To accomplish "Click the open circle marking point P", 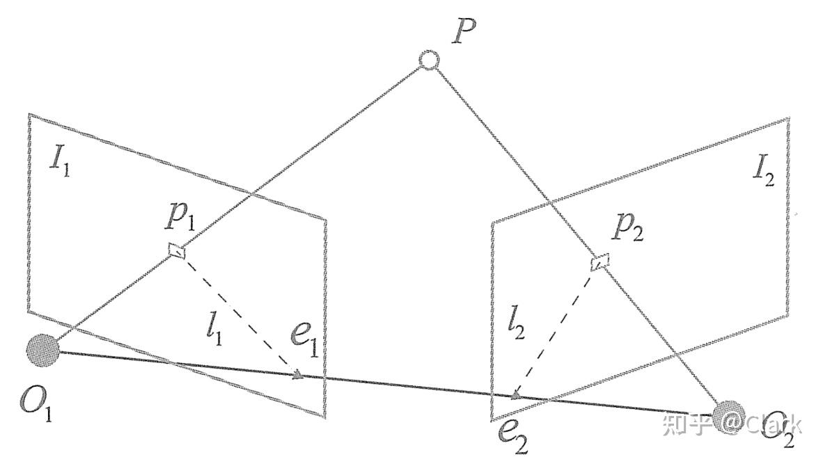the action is pyautogui.click(x=429, y=61).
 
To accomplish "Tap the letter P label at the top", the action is pyautogui.click(x=463, y=32).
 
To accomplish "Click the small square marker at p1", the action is pyautogui.click(x=178, y=250).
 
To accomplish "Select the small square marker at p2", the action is pyautogui.click(x=600, y=262).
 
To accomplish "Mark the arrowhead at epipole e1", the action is pyautogui.click(x=297, y=376).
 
